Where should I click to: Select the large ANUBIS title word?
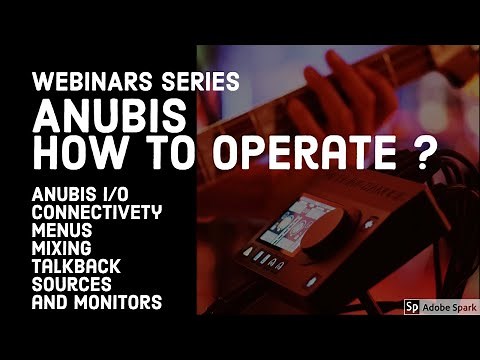pyautogui.click(x=97, y=118)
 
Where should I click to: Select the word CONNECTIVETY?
pyautogui.click(x=96, y=213)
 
